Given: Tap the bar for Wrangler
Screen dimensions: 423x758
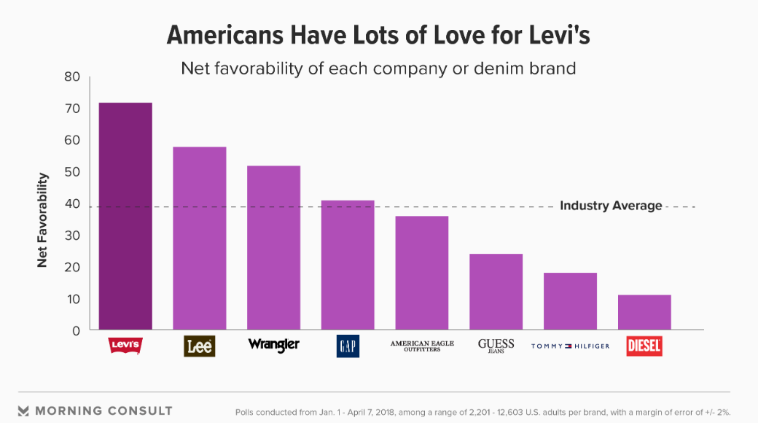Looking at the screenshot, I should click(x=274, y=248).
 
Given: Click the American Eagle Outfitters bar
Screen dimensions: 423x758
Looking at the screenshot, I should click(x=422, y=273).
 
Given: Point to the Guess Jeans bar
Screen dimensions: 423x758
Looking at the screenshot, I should click(x=496, y=292).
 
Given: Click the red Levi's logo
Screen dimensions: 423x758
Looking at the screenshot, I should click(x=125, y=346).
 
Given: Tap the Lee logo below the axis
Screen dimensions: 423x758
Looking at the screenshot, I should click(x=200, y=346).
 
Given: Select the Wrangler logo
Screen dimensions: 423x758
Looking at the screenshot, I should click(x=274, y=344).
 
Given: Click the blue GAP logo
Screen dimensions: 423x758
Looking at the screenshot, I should click(x=348, y=346).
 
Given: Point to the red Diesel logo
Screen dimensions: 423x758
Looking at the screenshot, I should click(x=644, y=346).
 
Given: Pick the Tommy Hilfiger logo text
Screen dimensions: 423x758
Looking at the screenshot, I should click(x=570, y=346).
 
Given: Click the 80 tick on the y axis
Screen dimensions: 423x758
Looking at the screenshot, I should click(x=71, y=77).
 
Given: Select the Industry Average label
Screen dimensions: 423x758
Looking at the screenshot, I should click(x=611, y=206).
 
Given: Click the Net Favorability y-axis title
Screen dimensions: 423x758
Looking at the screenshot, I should click(x=42, y=220).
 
